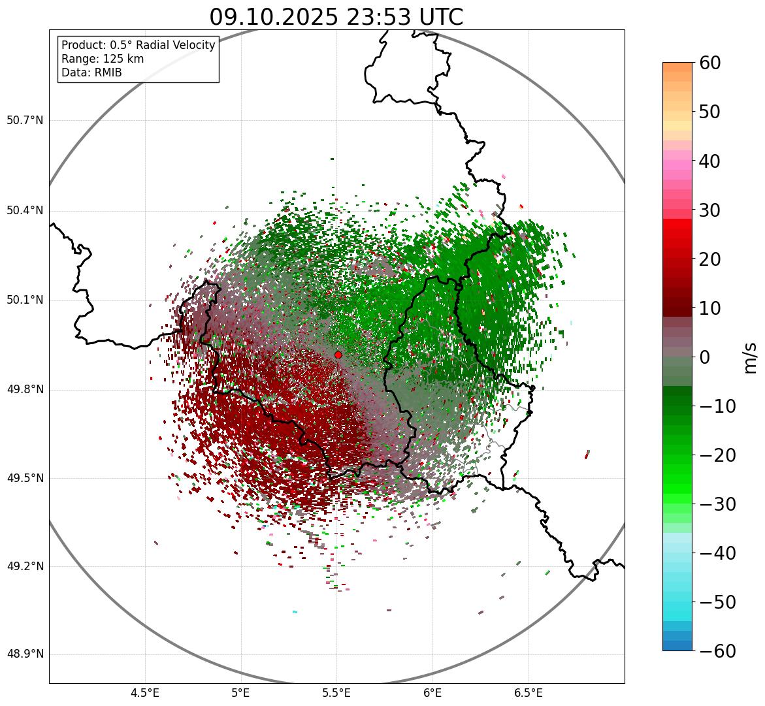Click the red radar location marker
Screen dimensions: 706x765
338,355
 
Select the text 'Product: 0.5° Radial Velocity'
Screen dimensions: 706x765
138,45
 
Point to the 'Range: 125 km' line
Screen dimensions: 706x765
103,59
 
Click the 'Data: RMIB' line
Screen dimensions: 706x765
91,72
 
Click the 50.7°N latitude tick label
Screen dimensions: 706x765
25,121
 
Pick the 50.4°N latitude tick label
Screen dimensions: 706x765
25,210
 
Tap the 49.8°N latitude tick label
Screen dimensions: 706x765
25,390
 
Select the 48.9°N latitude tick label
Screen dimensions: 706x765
25,654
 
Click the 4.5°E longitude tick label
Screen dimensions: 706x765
145,692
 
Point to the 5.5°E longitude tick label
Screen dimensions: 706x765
336,692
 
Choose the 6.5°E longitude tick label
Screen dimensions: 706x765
528,692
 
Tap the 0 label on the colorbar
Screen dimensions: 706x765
705,357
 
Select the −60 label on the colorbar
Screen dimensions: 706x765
717,651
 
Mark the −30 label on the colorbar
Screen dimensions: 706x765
717,504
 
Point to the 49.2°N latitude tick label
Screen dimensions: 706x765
25,566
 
